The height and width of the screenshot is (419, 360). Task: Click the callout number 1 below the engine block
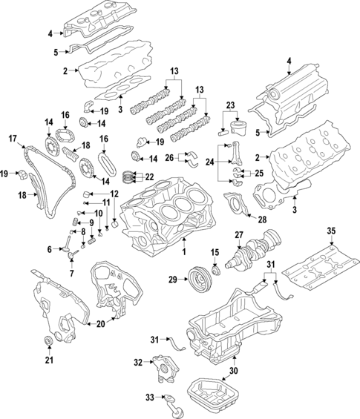tap(184, 251)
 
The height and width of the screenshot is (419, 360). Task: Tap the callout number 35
tap(331, 231)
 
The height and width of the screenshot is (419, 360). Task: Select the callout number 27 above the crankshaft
tap(239, 235)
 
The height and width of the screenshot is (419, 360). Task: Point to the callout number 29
tap(173, 280)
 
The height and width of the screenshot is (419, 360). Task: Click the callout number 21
tap(49, 360)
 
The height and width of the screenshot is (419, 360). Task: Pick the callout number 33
tap(150, 397)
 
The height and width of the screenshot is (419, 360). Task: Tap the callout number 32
tap(139, 363)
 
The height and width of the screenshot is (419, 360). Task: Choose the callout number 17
tap(13, 139)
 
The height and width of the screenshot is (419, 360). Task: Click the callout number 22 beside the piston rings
tap(150, 176)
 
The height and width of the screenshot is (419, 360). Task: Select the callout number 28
tap(262, 220)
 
